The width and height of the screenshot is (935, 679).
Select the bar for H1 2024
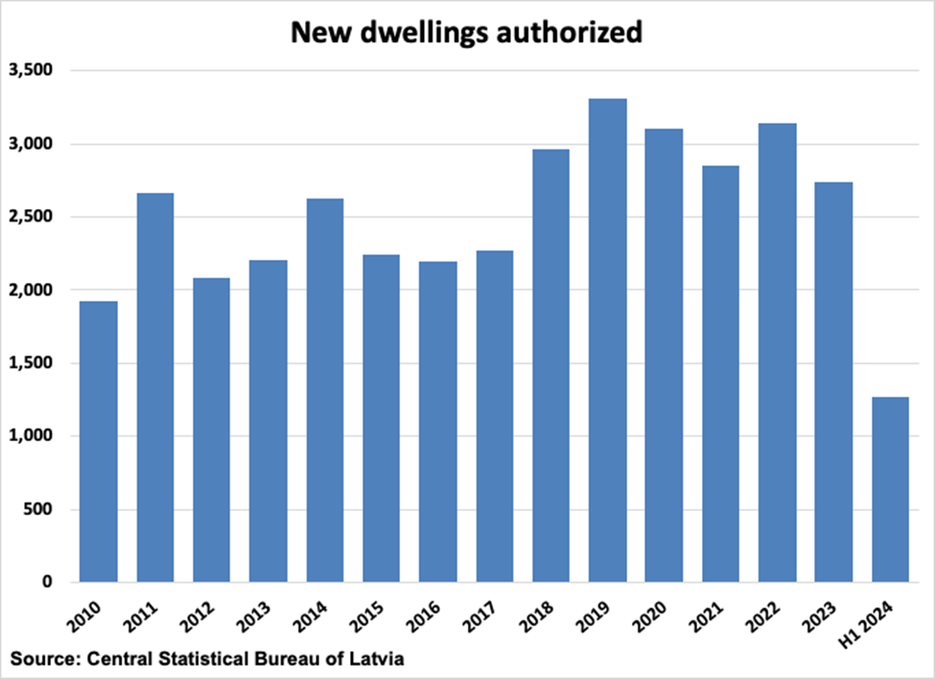[x=890, y=489]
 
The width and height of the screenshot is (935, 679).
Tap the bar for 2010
[x=98, y=441]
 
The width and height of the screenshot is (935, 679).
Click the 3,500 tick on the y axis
[x=34, y=71]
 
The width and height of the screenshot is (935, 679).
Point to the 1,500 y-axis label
[x=34, y=363]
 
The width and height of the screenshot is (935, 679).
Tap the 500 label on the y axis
[x=42, y=509]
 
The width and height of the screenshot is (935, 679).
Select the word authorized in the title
[x=573, y=33]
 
